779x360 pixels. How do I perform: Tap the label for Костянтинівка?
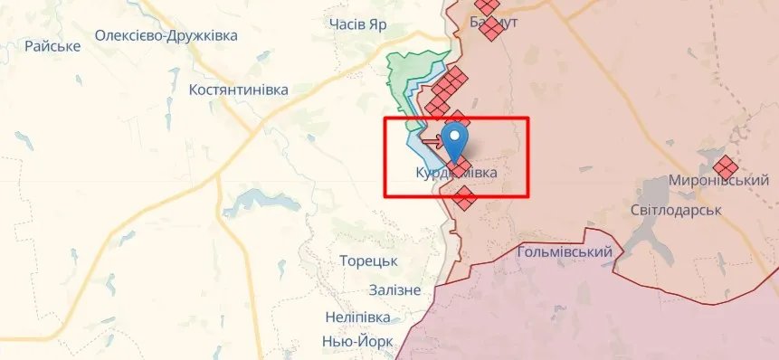pyautogui.click(x=238, y=90)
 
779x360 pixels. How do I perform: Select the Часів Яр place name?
pyautogui.click(x=357, y=24)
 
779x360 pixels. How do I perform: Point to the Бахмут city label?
pyautogui.click(x=494, y=22)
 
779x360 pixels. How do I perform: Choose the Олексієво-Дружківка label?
pyautogui.click(x=166, y=36)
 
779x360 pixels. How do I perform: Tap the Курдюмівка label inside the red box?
pyautogui.click(x=456, y=172)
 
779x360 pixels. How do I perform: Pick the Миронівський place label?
pyautogui.click(x=712, y=181)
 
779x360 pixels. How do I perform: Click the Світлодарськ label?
pyautogui.click(x=675, y=210)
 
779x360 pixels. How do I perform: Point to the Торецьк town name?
pyautogui.click(x=368, y=261)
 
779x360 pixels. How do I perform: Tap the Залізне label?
pyautogui.click(x=394, y=289)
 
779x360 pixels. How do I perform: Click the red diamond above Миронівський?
pyautogui.click(x=725, y=166)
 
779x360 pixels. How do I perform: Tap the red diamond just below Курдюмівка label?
pyautogui.click(x=464, y=198)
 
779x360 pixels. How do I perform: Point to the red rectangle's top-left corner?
pyautogui.click(x=385, y=119)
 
